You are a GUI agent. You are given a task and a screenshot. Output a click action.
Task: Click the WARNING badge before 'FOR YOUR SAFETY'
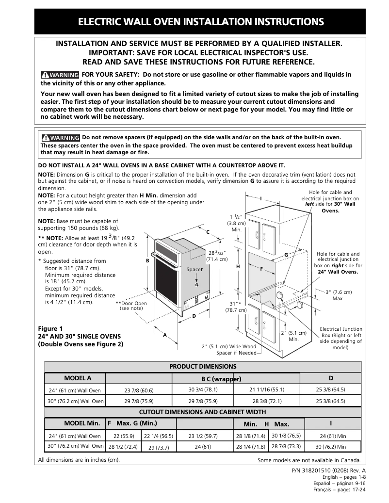[x=60, y=75]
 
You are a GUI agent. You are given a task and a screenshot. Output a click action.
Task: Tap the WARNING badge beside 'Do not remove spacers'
[x=60, y=137]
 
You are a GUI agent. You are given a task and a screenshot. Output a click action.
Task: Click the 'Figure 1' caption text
[x=50, y=328]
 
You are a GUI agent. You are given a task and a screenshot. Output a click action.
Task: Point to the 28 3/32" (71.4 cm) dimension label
[x=217, y=256]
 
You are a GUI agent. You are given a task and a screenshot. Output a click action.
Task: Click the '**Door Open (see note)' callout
[x=131, y=306]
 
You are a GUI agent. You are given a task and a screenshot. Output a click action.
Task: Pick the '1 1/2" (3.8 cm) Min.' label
[x=236, y=223]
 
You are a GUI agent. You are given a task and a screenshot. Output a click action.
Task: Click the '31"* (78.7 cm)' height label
[x=236, y=307]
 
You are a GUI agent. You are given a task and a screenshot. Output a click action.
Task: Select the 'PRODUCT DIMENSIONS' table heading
[x=203, y=366]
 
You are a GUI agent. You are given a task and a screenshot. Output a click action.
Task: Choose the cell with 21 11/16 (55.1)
[x=267, y=389]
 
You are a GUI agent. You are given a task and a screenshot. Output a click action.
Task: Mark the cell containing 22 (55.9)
[x=124, y=436]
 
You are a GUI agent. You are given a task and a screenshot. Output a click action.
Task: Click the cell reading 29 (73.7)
[x=159, y=447]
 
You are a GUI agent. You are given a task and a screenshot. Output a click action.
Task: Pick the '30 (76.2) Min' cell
[x=331, y=447]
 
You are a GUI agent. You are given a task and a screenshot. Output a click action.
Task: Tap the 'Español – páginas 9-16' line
[x=340, y=484]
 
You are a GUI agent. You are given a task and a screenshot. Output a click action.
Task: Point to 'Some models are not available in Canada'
[x=309, y=460]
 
